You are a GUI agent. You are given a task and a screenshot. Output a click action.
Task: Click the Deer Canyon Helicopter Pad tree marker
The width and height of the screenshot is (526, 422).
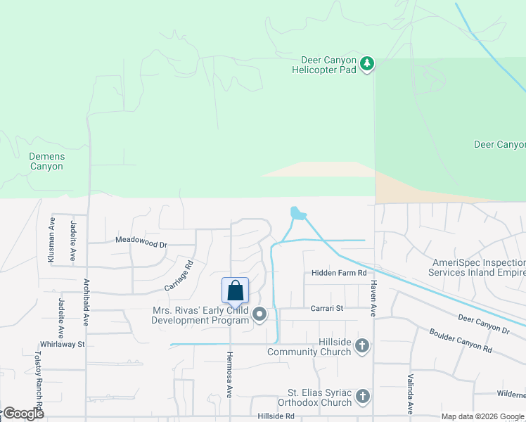point(366,64)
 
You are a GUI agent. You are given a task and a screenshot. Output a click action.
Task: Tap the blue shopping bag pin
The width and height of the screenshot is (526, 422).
point(235,290)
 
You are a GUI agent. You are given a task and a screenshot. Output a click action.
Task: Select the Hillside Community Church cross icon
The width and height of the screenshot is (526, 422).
point(361,345)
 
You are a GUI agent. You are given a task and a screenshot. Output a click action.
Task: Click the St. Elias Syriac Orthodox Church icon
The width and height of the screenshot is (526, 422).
point(361,397)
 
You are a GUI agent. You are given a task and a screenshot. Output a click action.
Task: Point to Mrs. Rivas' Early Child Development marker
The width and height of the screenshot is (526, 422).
point(259,314)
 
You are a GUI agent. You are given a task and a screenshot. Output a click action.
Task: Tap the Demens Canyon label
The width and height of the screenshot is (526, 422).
point(46,161)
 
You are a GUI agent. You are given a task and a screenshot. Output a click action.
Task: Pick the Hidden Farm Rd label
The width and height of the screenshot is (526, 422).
point(339,273)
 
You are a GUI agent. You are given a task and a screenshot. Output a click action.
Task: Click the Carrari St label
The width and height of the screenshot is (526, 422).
point(327,308)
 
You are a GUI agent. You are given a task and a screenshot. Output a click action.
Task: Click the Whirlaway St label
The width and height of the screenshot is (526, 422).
point(62,344)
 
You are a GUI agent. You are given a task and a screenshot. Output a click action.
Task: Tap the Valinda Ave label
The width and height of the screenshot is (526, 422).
point(409,394)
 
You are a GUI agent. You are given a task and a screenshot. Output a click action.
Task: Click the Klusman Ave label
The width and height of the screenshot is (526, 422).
point(51,239)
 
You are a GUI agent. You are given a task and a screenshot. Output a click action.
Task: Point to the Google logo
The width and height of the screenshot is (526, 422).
point(23,414)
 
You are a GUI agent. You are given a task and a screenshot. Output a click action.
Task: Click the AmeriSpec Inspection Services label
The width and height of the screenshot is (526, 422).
point(479,267)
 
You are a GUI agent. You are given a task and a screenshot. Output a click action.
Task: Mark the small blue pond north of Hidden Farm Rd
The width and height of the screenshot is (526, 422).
point(297,212)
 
